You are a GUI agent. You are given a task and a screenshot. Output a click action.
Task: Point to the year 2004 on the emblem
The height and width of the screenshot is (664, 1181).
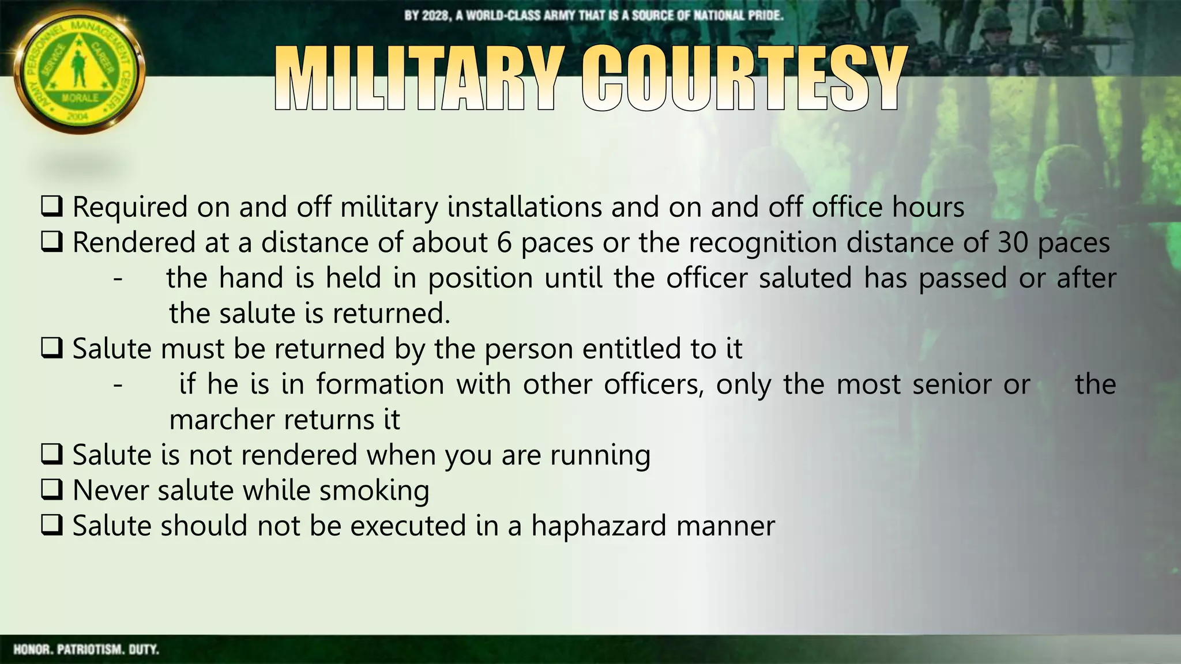point(77,116)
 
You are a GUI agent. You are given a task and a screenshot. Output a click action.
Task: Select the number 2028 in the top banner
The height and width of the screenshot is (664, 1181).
point(435,16)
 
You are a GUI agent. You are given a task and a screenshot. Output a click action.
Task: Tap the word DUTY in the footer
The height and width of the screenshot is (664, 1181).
point(144,650)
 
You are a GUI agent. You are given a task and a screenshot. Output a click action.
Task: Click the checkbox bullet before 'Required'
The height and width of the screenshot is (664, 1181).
point(52,207)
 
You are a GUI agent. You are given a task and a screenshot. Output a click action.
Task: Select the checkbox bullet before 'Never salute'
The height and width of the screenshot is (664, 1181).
point(52,491)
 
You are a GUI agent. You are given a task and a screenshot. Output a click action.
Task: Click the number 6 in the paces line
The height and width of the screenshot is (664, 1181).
point(504,243)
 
